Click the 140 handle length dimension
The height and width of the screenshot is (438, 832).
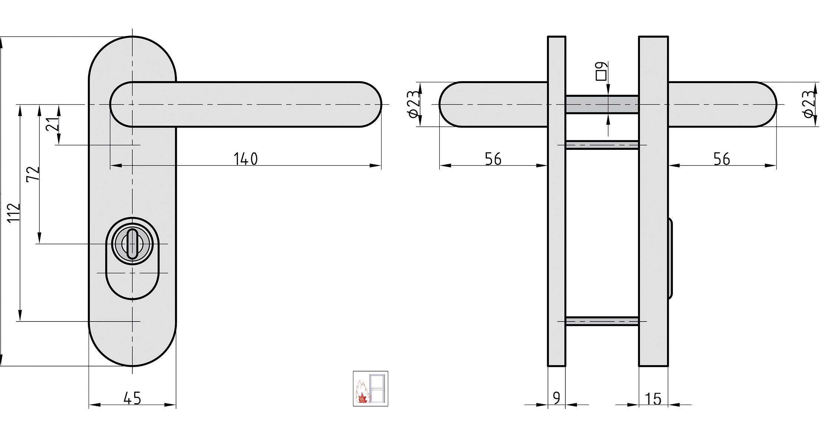[245, 159]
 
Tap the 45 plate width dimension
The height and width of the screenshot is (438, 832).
[132, 398]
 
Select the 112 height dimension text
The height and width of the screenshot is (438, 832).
[14, 213]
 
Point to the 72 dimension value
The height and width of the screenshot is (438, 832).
[33, 174]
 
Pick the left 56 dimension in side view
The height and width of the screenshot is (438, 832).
[493, 159]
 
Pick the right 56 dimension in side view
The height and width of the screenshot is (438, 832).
[722, 159]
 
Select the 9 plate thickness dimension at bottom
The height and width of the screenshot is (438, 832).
[557, 398]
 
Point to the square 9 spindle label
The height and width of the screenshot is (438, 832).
[601, 71]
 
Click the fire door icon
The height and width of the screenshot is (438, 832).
[370, 388]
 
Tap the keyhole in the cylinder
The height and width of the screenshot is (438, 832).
[132, 243]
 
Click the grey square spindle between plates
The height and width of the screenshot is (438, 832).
[602, 104]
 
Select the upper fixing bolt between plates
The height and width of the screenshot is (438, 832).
[602, 145]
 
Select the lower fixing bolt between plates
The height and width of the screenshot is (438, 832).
[602, 321]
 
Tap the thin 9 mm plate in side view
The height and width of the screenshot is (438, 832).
[557, 223]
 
